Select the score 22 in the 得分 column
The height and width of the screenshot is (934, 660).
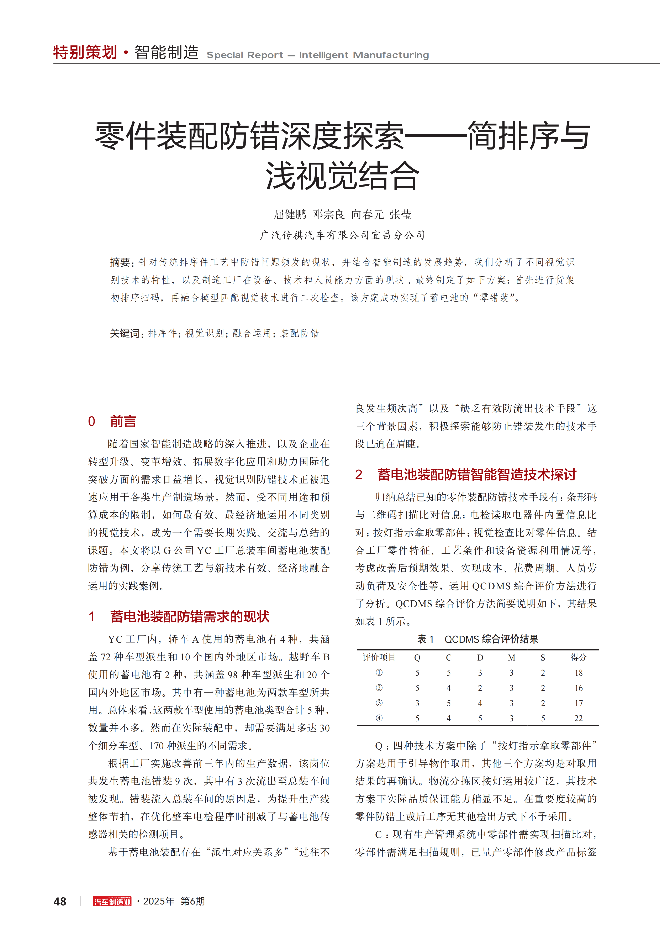pos(578,718)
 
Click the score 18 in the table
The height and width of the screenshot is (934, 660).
pos(578,673)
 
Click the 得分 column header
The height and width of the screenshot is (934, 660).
pos(578,657)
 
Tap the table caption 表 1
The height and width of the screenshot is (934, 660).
pos(425,639)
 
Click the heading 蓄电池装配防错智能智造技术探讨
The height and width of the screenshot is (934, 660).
pos(477,474)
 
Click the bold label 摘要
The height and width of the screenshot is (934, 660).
pos(120,262)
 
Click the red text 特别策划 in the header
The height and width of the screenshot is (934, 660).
pos(85,52)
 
